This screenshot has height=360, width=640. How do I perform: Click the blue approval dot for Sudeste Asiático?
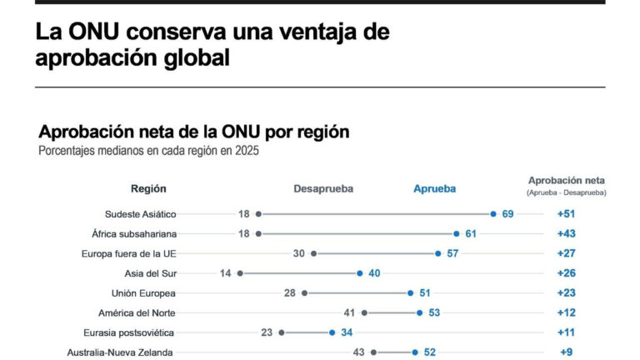pos(493,214)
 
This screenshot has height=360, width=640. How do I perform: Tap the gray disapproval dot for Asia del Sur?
pos(240,273)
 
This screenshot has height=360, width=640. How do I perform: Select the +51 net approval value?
pos(566,214)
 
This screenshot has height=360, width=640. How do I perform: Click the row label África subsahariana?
pos(134,234)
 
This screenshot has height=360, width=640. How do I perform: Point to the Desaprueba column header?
pos(323,188)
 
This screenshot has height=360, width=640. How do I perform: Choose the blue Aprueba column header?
pos(434,188)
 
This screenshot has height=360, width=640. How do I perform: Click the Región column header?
pos(148,188)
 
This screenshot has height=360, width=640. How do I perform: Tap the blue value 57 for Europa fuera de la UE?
pos(452,253)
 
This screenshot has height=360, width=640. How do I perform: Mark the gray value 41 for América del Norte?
pos(349,312)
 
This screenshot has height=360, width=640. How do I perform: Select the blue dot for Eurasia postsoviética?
pos(332,332)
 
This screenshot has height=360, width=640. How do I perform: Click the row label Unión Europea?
pos(143,293)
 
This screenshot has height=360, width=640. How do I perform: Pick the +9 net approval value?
pos(566,352)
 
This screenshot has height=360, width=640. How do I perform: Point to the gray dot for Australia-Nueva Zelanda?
pos(373,352)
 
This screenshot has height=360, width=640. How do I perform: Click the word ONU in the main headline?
pos(93,32)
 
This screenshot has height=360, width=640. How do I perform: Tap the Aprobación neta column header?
pos(567,180)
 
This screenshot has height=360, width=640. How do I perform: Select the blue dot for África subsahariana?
pos(457,234)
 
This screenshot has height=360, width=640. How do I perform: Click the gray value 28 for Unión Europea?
pos(290,293)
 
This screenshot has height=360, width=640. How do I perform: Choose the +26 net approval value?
pos(566,273)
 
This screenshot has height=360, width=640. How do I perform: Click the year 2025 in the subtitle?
pos(247,151)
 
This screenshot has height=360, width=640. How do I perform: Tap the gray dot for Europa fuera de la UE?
pos(314,253)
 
